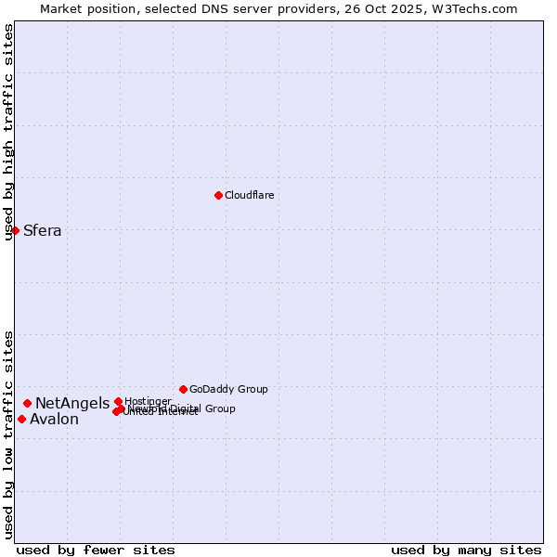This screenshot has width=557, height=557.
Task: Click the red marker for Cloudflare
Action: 218,195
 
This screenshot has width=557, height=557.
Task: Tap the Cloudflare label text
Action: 249,195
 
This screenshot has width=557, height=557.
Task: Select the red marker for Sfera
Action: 16,230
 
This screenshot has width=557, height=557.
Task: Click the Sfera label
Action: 42,231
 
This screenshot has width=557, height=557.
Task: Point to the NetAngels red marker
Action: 28,403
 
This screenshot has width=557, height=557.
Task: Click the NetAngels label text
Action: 72,403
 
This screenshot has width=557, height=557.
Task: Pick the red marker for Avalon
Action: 21,419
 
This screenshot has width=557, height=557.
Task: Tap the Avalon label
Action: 54,420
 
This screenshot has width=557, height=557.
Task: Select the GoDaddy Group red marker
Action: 183,389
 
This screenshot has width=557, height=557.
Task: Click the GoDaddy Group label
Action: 228,389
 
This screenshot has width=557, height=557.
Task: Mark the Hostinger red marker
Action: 118,401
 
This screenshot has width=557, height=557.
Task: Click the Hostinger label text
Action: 148,401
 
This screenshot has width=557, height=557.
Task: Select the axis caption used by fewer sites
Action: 96,550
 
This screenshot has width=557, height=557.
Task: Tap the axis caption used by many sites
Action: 466,550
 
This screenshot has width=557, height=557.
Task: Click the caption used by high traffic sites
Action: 8,132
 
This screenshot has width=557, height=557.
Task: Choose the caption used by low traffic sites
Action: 8,434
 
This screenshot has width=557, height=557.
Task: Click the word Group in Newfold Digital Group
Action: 221,408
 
